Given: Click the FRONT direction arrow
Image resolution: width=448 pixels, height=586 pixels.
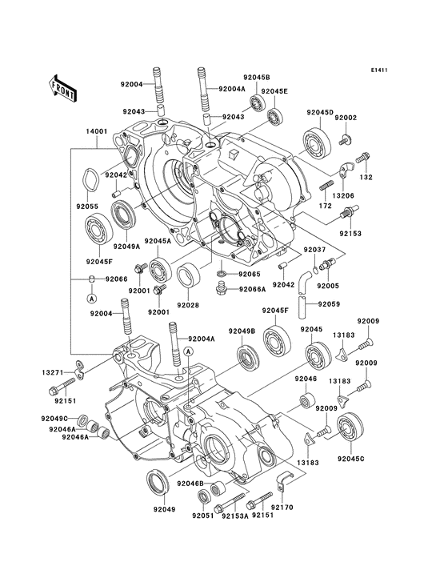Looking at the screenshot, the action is tap(62, 88).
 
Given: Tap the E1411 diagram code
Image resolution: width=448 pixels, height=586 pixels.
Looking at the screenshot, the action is tap(379, 70).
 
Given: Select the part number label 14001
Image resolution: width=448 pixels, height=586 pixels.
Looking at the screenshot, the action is tap(97, 131).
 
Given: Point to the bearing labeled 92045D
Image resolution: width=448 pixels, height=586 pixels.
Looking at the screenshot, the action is tap(317, 141).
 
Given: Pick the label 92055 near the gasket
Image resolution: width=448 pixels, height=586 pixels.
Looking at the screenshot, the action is tap(87, 206).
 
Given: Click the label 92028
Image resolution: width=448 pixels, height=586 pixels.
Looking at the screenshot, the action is tap(188, 305).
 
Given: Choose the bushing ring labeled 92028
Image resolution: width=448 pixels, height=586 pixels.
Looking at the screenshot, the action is tap(188, 275).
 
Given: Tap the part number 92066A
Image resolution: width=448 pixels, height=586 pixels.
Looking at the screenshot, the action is tap(252, 289).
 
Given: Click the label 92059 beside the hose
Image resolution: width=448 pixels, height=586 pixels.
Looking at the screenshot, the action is tap(329, 304).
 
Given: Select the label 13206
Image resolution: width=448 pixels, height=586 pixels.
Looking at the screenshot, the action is tap(342, 195).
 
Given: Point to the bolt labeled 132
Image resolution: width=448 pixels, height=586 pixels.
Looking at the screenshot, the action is tap(362, 158).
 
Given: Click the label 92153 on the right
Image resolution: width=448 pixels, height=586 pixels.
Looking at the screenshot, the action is tap(350, 234).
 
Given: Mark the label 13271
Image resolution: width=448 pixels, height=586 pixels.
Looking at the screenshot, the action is tap(53, 372).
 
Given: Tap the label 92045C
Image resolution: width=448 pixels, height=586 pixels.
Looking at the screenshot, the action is tap(350, 458).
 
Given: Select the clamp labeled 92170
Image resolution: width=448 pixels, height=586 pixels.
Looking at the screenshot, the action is tap(283, 480).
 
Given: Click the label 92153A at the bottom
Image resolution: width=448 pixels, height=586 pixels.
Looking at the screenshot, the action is tap(235, 516).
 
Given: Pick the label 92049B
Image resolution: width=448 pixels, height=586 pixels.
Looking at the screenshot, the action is tap(242, 331).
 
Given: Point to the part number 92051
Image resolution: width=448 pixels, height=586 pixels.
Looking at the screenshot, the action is tap(202, 516).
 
